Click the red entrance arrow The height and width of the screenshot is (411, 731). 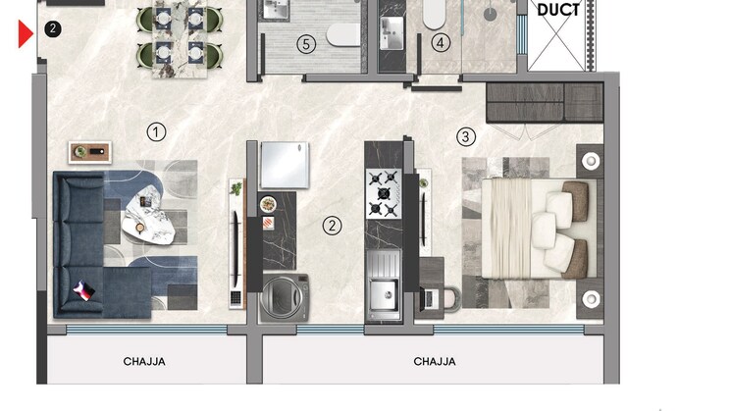tap(25, 33)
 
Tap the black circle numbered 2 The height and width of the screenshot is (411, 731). tap(53, 28)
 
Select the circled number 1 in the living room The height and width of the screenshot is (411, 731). tap(156, 131)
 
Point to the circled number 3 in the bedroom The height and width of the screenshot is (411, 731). tap(465, 137)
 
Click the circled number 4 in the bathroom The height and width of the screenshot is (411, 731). tap(441, 43)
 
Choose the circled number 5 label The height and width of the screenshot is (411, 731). tap(306, 44)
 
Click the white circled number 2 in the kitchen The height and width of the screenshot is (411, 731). tap(332, 226)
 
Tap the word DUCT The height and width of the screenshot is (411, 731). tap(558, 10)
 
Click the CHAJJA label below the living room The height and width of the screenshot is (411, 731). tap(144, 362)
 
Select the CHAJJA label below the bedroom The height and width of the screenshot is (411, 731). tap(435, 362)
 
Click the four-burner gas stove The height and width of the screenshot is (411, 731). tap(384, 193)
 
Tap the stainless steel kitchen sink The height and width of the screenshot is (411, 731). tap(384, 285)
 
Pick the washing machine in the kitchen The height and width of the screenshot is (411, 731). tap(285, 298)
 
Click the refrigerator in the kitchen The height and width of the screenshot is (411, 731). tap(285, 165)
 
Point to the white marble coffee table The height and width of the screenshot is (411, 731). tap(149, 216)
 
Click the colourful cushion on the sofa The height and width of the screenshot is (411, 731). tap(84, 289)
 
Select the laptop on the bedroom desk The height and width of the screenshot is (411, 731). tap(429, 299)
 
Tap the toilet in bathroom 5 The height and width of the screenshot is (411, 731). tap(344, 35)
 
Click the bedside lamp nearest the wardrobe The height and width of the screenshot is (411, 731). tap(591, 161)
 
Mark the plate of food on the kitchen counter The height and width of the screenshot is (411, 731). tap(268, 204)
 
